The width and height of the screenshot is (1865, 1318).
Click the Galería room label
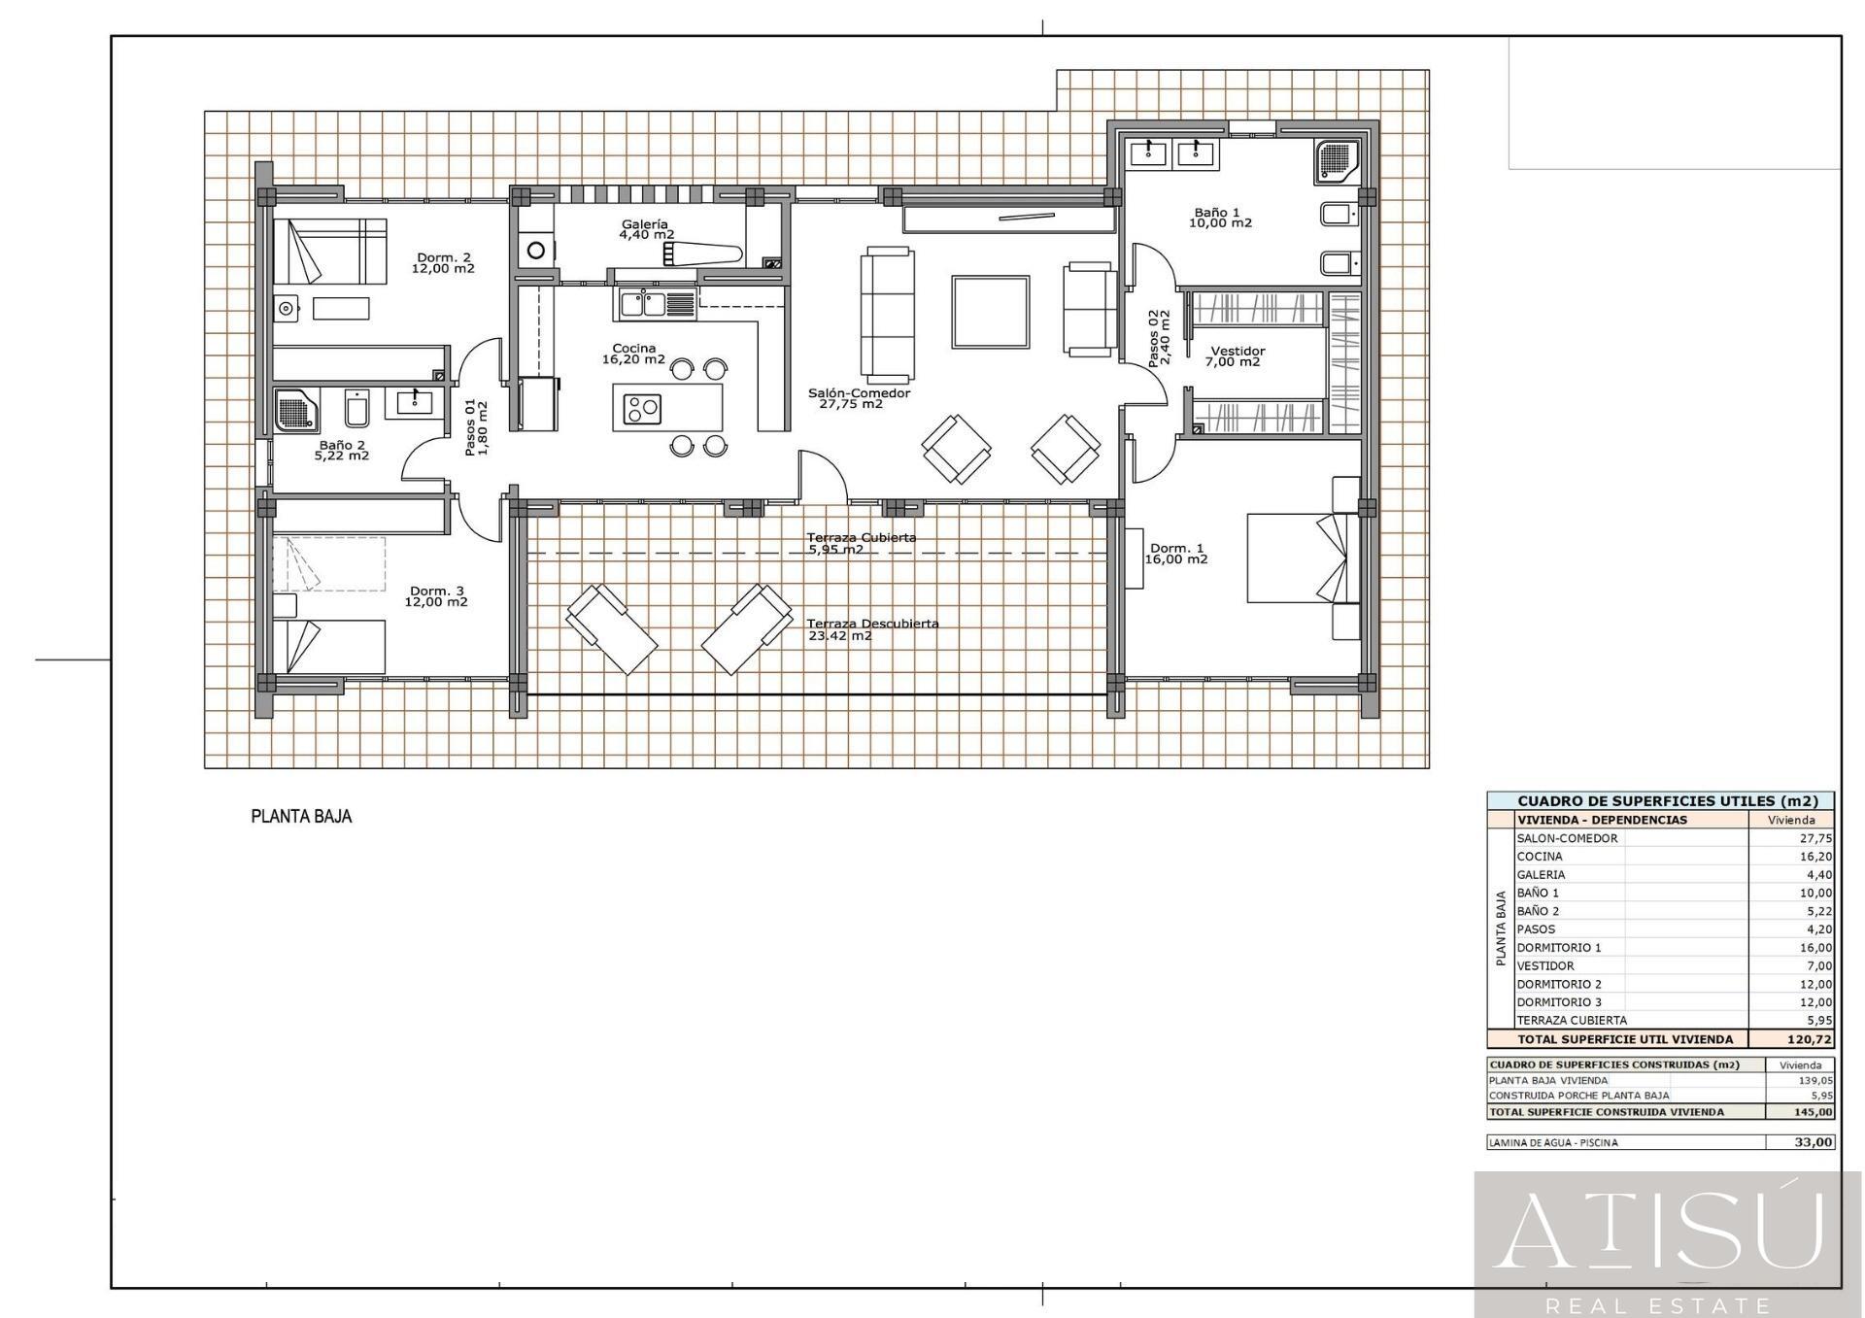(x=647, y=229)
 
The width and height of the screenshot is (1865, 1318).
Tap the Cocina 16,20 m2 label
(x=633, y=354)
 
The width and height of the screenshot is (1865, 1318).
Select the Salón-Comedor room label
(x=859, y=398)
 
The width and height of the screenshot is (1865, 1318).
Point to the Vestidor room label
(x=1236, y=356)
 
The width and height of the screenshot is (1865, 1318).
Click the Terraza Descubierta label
(x=872, y=629)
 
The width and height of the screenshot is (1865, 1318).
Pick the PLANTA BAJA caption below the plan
(x=301, y=817)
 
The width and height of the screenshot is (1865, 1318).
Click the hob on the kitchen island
(x=641, y=408)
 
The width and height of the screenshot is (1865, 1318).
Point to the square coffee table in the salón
(x=990, y=312)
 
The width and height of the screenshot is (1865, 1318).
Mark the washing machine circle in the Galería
(x=536, y=251)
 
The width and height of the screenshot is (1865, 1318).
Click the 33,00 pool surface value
(x=1814, y=1143)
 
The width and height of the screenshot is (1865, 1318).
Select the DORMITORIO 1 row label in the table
(x=1559, y=948)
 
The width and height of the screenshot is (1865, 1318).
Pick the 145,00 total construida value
(x=1814, y=1112)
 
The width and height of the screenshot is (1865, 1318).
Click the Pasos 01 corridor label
(x=476, y=428)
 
